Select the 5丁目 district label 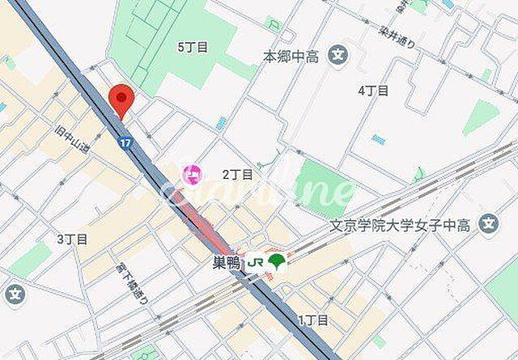(x=192, y=47)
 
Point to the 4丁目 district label (x=373, y=91)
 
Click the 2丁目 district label (x=238, y=174)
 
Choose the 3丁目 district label (x=72, y=239)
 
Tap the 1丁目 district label (x=313, y=320)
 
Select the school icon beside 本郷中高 (x=339, y=57)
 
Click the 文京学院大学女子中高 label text (x=408, y=223)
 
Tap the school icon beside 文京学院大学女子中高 (x=488, y=223)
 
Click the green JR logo (x=255, y=262)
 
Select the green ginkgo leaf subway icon (x=277, y=261)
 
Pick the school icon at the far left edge (x=13, y=295)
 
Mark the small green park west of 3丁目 (x=32, y=260)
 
